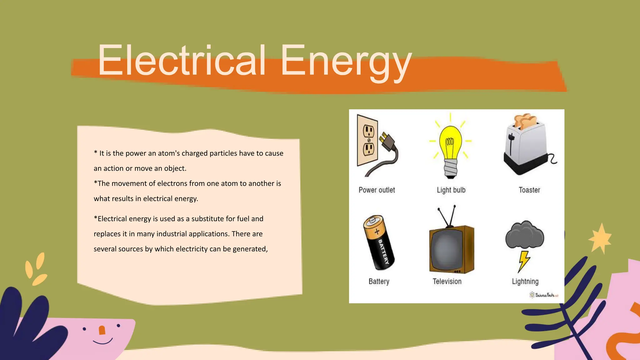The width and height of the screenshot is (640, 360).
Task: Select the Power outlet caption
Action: pyautogui.click(x=377, y=190)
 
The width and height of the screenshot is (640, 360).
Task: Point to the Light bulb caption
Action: pyautogui.click(x=451, y=190)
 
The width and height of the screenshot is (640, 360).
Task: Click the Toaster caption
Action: pyautogui.click(x=529, y=190)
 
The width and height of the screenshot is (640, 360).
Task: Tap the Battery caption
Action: pyautogui.click(x=379, y=281)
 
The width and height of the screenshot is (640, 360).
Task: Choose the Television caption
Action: pyautogui.click(x=447, y=281)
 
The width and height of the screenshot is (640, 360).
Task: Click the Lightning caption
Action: pyautogui.click(x=525, y=281)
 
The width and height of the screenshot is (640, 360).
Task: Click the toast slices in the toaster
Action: pyautogui.click(x=525, y=120)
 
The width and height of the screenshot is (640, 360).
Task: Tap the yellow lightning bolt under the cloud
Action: pyautogui.click(x=524, y=261)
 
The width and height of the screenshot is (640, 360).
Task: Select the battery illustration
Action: pyautogui.click(x=378, y=242)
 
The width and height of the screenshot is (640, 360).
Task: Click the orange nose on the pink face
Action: pyautogui.click(x=102, y=330)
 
